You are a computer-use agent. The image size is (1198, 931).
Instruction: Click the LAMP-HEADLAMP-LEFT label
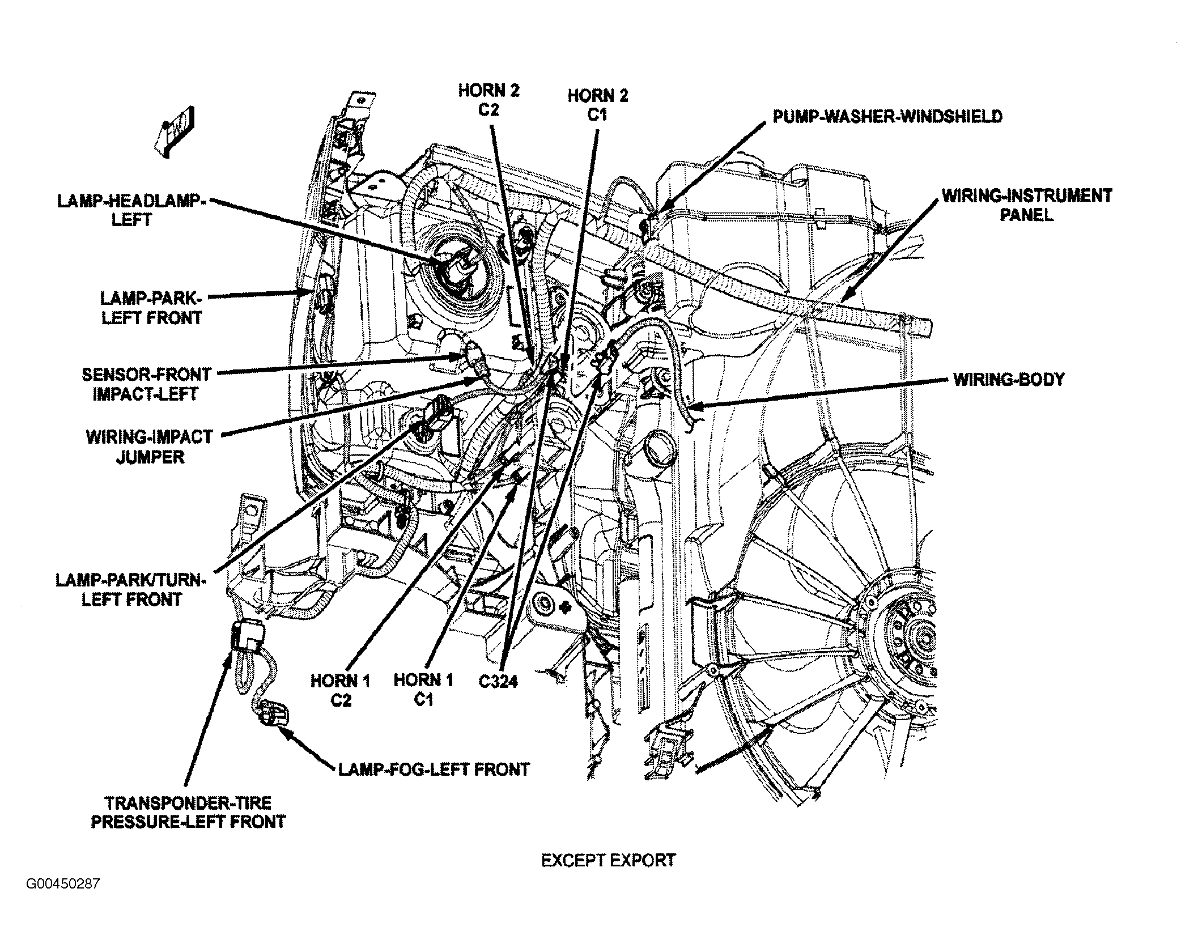[x=132, y=210]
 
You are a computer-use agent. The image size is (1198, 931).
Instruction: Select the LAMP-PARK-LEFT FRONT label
[x=151, y=308]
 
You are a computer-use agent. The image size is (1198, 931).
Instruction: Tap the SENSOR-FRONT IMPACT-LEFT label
[x=146, y=384]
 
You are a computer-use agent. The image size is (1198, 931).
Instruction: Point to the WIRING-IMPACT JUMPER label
[x=150, y=447]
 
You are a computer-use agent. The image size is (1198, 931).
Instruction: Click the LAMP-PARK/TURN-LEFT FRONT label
[x=131, y=589]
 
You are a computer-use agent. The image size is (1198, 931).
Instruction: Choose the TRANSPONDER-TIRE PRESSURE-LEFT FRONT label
[x=189, y=812]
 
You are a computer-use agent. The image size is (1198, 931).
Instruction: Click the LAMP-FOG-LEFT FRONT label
[x=434, y=770]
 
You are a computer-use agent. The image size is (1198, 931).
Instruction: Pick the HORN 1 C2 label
[x=341, y=690]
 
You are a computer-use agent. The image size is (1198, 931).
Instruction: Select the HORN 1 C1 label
[x=424, y=690]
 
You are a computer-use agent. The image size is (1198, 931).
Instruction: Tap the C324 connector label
[x=498, y=681]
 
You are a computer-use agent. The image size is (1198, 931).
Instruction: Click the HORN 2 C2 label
[x=488, y=100]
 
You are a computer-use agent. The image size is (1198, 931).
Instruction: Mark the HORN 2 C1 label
[x=598, y=105]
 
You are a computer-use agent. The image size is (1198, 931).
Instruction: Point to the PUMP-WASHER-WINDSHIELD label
[x=888, y=117]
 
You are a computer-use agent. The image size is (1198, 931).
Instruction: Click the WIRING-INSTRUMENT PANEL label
[x=1027, y=205]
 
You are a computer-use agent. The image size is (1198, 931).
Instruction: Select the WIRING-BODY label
[x=1009, y=379]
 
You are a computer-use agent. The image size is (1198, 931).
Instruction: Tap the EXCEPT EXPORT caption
[x=609, y=860]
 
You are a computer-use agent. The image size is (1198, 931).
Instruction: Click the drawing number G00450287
[x=62, y=900]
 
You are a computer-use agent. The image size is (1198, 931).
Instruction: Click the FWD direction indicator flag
[x=175, y=135]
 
